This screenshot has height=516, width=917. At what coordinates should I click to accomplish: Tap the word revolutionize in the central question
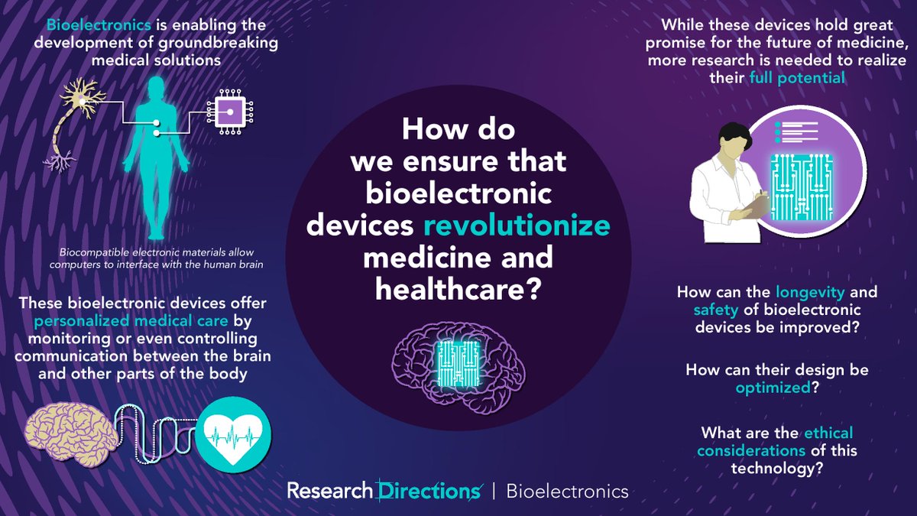coord(528,227)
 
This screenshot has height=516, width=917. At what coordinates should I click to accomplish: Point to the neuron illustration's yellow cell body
coord(77,96)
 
